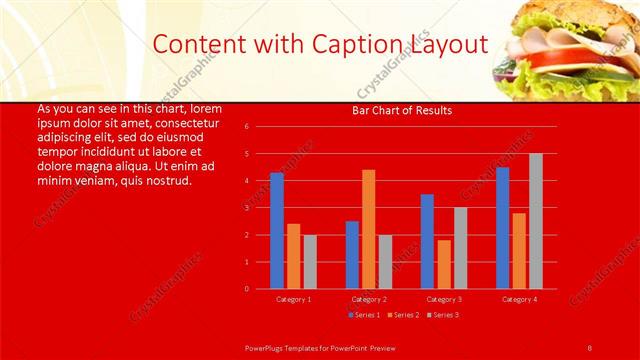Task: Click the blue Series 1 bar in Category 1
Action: (277, 231)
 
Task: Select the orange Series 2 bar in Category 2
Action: (368, 229)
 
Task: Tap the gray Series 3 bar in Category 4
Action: (535, 221)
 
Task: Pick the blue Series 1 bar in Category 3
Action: (427, 241)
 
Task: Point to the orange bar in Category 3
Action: (443, 264)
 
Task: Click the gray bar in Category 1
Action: (310, 262)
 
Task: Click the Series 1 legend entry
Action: (363, 315)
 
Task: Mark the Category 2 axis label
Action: (368, 299)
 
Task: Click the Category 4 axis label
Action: (519, 299)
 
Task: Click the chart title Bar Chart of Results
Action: (402, 110)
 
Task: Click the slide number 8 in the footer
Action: (589, 346)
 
